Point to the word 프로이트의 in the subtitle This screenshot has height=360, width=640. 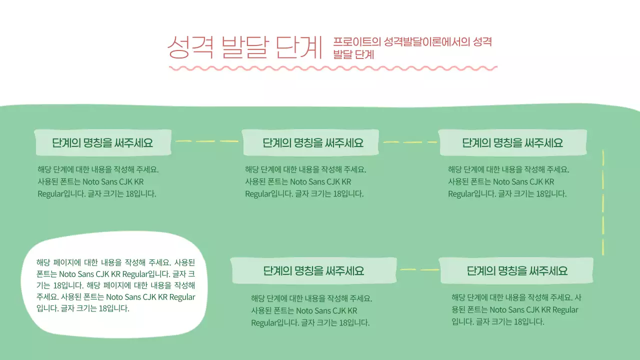[356, 42]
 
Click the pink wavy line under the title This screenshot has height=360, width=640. [332, 68]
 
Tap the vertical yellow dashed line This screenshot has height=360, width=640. [603, 200]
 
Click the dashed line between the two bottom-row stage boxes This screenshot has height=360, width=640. [419, 270]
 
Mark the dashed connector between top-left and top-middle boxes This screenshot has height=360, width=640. [206, 141]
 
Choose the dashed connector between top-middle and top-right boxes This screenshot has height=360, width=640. [409, 142]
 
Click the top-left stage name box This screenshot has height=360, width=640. [102, 143]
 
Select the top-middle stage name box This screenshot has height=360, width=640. [310, 143]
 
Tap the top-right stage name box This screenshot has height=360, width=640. [512, 143]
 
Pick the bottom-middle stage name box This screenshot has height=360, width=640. [313, 271]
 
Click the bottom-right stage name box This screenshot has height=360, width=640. [517, 271]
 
